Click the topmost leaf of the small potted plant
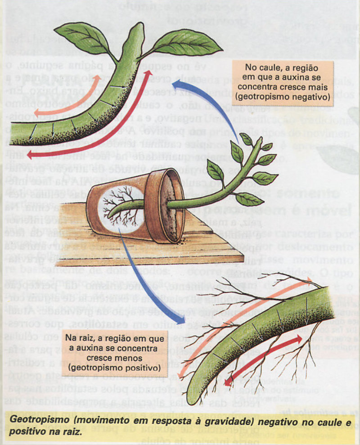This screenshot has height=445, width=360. [246, 139]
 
